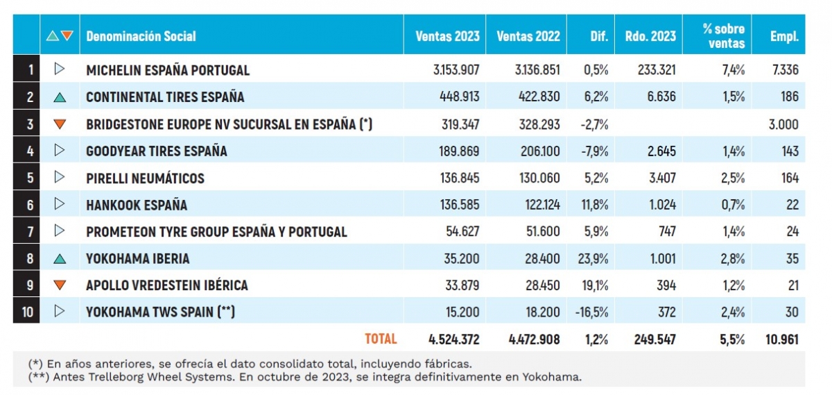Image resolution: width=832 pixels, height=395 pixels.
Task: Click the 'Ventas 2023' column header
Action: [x=447, y=36]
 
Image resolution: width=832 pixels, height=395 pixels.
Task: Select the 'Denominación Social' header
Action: [x=141, y=36]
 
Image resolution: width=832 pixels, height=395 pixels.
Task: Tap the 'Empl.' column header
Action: [x=784, y=36]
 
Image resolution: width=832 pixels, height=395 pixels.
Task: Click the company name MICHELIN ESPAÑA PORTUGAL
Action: [x=167, y=70]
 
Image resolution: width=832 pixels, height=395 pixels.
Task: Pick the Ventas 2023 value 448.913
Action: [x=458, y=97]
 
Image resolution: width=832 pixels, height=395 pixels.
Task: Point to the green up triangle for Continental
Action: [x=60, y=97]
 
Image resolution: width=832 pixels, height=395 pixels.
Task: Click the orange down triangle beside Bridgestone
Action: [x=60, y=124]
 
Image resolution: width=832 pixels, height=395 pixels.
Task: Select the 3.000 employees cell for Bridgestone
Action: [x=783, y=124]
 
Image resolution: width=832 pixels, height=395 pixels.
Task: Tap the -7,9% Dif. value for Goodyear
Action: [x=593, y=151]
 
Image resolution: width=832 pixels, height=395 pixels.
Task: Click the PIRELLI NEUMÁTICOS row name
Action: [x=145, y=178]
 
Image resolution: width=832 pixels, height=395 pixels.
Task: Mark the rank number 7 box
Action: [x=27, y=231]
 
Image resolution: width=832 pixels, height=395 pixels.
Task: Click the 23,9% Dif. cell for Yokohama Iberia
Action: [x=594, y=258]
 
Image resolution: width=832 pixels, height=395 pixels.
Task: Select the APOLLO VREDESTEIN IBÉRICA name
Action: [x=166, y=285]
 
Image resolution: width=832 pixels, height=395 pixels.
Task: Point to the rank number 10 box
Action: [x=27, y=312]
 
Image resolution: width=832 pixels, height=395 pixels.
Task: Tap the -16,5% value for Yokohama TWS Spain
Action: [x=591, y=312]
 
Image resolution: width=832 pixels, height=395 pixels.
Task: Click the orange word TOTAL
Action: [x=381, y=339]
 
